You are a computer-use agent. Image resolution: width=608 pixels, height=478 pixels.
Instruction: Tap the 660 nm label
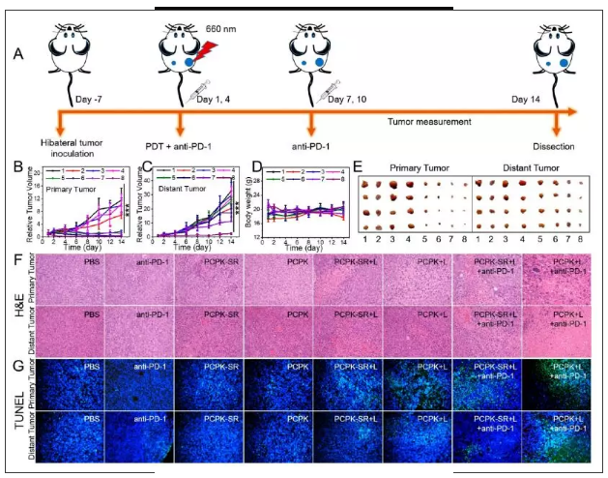(x=218, y=30)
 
